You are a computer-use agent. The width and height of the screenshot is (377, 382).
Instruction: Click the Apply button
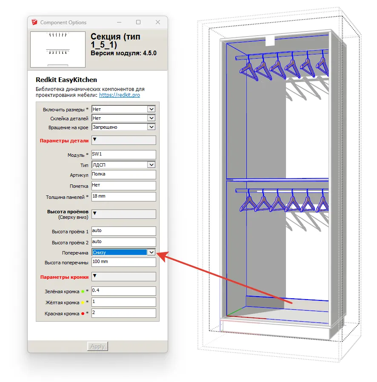tap(97, 346)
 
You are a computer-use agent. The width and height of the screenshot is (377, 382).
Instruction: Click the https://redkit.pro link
tap(120, 95)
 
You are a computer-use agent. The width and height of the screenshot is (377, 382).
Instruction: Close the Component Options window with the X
tap(158, 22)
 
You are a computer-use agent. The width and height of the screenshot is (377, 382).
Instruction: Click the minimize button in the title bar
tap(119, 22)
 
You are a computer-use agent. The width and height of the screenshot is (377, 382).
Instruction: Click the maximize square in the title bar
tap(138, 22)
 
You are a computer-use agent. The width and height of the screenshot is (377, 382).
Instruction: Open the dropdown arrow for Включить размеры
tap(151, 109)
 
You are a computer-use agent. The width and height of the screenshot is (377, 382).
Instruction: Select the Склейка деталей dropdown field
tap(124, 118)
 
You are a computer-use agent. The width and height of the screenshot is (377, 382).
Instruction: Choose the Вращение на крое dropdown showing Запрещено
tap(124, 127)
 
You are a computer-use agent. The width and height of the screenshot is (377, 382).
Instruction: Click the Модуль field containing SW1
tap(124, 154)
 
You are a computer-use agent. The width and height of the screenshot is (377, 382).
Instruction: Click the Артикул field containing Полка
tap(124, 175)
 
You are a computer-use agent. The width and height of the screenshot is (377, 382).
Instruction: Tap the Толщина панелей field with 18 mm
tap(124, 197)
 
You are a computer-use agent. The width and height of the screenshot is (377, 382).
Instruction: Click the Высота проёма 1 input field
tap(124, 231)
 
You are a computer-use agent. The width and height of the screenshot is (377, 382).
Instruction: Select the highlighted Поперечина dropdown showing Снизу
tap(124, 252)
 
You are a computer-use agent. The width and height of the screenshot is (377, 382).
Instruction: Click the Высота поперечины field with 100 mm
tap(124, 262)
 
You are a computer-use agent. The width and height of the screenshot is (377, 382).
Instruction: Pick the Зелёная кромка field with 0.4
tap(124, 291)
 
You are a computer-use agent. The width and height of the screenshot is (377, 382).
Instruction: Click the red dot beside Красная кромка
tap(83, 314)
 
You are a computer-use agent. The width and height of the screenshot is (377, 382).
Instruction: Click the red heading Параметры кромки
tap(64, 277)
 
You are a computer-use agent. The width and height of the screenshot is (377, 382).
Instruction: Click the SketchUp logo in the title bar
tap(34, 22)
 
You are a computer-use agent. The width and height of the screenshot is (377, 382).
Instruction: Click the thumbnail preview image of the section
tap(58, 49)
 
